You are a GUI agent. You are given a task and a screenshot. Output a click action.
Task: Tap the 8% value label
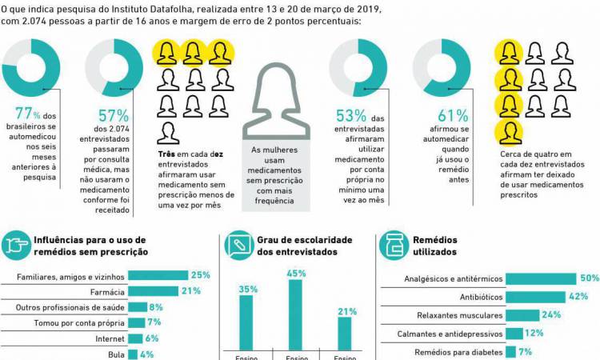coord(157,306)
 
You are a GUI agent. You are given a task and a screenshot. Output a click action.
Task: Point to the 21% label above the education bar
coord(345,310)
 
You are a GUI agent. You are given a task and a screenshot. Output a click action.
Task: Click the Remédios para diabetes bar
coord(512,351)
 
